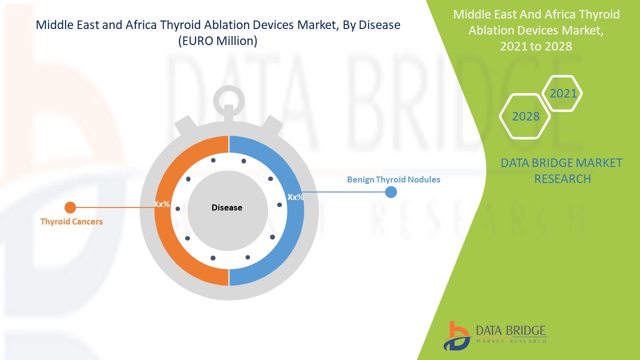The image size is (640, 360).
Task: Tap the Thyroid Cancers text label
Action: pos(71,221)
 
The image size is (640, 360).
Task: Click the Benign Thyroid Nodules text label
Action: pos(393,179)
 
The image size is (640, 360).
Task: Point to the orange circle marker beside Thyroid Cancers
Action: pos(70,207)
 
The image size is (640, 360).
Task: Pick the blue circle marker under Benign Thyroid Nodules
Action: pos(391,192)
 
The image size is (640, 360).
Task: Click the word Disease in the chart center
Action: pos(226,207)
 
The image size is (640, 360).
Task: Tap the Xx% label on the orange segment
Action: pos(162,204)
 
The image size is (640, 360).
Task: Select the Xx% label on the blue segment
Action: pos(295,197)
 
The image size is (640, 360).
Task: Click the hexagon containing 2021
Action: pos(563,93)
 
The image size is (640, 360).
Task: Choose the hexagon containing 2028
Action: pos(525,116)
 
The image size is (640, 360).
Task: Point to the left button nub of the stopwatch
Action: pos(185,124)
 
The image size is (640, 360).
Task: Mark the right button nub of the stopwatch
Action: pos(271,124)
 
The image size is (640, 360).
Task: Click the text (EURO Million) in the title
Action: pos(218,41)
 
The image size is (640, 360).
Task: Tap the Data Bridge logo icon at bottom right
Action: pos(456,335)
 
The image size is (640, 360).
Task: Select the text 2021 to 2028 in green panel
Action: pos(536,46)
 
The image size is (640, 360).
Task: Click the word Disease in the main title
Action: pos(378,25)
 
